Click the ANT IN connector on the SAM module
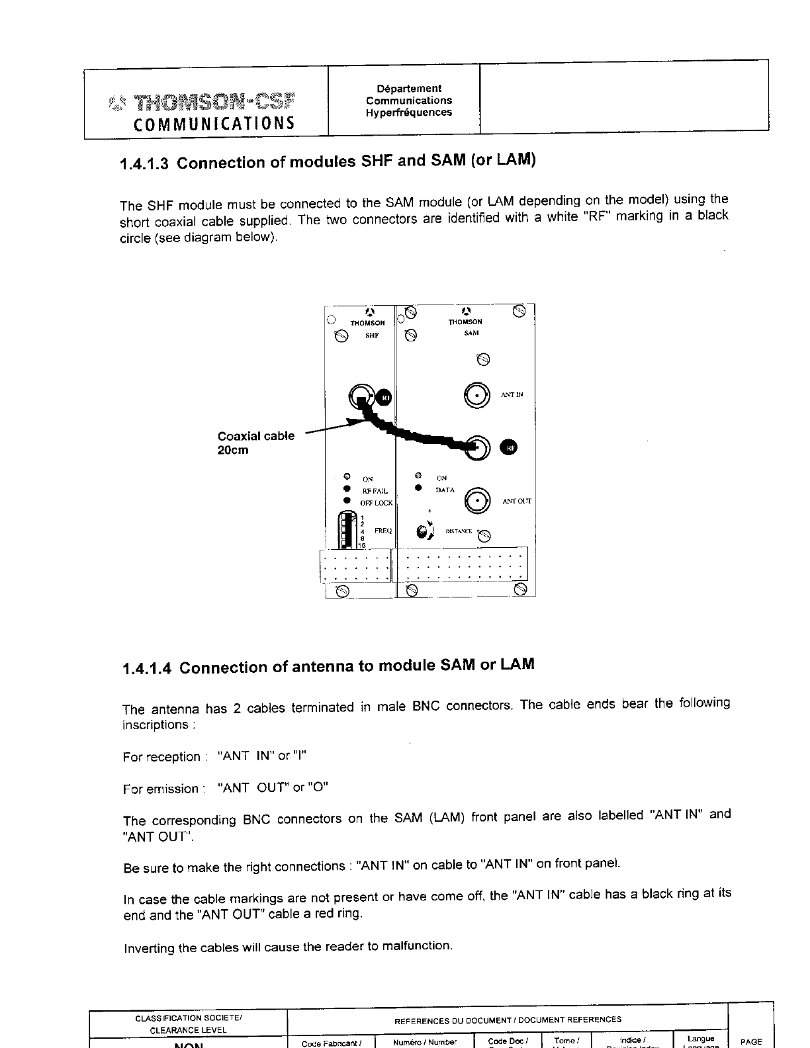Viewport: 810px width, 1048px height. click(477, 395)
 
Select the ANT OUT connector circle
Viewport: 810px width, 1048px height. click(478, 501)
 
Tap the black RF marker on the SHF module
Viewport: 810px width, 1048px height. click(384, 397)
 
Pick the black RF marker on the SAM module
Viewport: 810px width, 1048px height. click(510, 447)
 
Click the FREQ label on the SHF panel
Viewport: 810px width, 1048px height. click(383, 531)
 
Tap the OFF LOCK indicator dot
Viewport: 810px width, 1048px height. click(345, 502)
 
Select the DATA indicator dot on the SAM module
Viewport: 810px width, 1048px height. click(418, 489)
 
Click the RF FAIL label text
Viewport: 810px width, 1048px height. click(374, 491)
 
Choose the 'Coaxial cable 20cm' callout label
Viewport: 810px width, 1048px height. click(255, 443)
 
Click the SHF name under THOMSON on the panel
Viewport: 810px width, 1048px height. click(372, 335)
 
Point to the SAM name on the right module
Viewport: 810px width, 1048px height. click(471, 333)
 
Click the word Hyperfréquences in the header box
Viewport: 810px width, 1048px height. click(409, 112)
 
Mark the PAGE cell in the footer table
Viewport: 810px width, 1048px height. click(751, 1041)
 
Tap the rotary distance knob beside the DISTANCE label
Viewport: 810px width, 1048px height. click(423, 532)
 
